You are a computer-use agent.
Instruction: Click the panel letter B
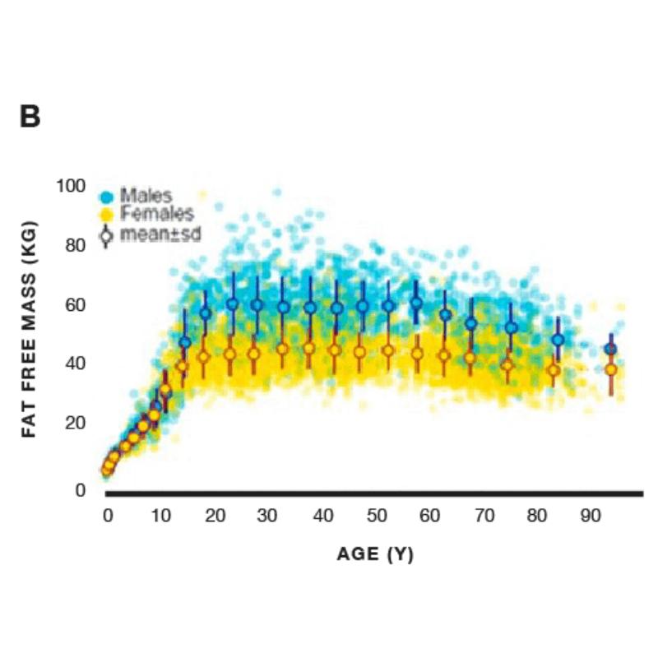tap(30, 117)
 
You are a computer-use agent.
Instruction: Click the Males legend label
tap(146, 196)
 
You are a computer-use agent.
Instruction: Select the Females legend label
tap(156, 215)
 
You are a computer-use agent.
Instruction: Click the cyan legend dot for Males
tap(105, 197)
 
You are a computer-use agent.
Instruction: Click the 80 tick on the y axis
tap(76, 245)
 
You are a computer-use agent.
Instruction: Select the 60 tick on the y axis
tap(76, 304)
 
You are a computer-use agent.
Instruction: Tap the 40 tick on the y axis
tap(76, 364)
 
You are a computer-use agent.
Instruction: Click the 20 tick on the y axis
tap(76, 423)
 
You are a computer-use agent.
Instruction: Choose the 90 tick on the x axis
tap(590, 516)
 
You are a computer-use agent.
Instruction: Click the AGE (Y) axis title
tap(375, 554)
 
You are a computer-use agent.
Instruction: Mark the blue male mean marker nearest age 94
tap(610, 349)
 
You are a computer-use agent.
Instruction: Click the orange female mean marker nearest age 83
tap(554, 370)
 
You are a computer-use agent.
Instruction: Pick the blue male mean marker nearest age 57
tap(416, 304)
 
